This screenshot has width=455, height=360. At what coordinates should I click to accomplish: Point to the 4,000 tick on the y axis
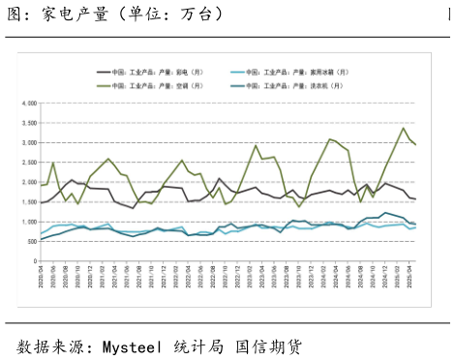(x=26, y=103)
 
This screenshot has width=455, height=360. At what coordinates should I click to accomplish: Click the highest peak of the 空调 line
(x=404, y=128)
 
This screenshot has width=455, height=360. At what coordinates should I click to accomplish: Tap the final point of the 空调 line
(x=415, y=144)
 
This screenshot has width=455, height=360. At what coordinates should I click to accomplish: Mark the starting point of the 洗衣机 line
(x=41, y=239)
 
